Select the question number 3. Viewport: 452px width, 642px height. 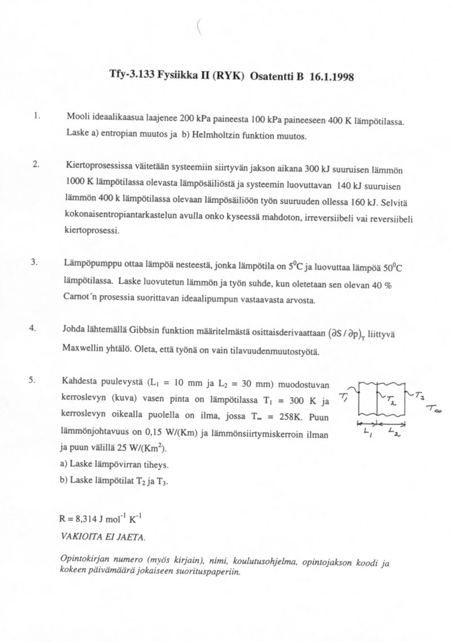(34, 262)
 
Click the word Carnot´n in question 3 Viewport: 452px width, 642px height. (84, 298)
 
